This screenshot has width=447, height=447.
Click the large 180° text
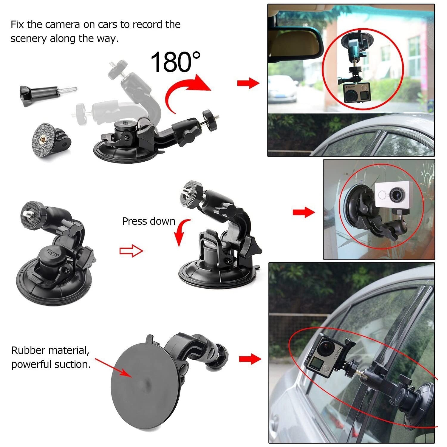click(x=175, y=62)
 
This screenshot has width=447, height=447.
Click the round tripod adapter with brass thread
click(x=48, y=139)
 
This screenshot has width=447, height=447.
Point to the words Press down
click(x=149, y=221)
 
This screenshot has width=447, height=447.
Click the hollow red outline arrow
click(x=131, y=251)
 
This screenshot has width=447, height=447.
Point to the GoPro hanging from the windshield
click(x=357, y=92)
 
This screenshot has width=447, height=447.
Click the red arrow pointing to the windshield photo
click(x=248, y=83)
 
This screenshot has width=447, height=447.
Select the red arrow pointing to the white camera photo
click(x=303, y=212)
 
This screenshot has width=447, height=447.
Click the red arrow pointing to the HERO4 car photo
click(x=250, y=359)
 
